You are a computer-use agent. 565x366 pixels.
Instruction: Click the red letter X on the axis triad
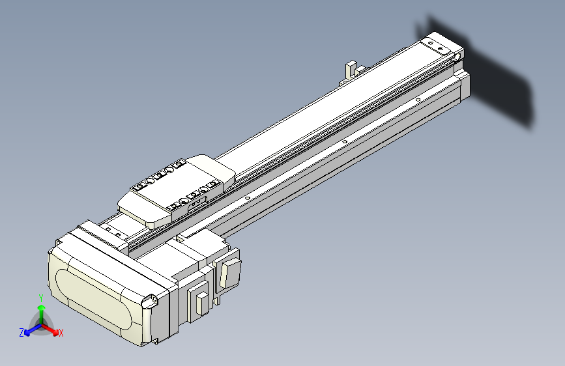point(61,333)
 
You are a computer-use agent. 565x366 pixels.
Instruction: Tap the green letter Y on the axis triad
point(40,298)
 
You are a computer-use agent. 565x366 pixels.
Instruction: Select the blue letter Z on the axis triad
point(22,333)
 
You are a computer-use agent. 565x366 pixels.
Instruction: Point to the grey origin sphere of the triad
point(41,324)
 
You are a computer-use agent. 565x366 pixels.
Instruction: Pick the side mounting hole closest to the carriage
point(248,197)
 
